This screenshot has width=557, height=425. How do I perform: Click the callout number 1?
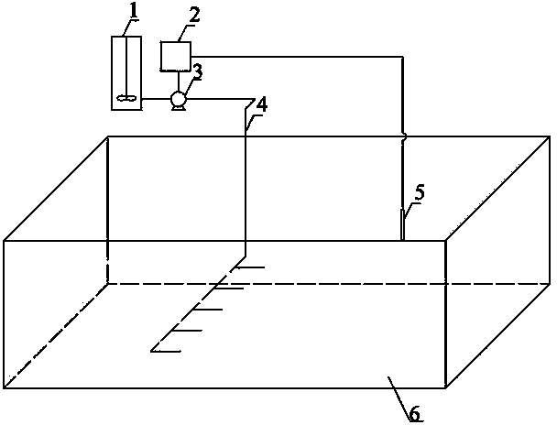coord(133,11)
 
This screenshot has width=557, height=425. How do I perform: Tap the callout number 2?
coord(194,15)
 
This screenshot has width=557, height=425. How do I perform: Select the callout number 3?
coord(198,71)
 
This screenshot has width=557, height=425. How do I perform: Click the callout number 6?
coord(415,413)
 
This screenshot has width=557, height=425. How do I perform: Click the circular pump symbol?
coord(178,98)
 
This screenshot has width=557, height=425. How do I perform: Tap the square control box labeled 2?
coord(176,56)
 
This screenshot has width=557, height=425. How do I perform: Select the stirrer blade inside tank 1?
coord(126,97)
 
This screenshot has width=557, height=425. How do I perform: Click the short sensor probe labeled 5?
coord(402,224)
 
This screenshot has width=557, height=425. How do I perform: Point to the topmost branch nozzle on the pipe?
coord(251,267)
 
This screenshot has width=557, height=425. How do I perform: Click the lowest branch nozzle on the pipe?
coord(166,351)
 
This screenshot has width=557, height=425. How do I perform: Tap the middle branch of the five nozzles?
coord(208,310)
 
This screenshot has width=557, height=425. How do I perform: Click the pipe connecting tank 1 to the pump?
coord(157,98)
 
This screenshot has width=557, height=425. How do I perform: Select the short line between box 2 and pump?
coord(179,82)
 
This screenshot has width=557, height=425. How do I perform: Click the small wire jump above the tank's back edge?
coord(403,136)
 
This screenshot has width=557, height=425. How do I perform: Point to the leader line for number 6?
coord(399,398)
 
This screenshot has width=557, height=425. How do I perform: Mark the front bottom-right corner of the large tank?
coord(445,387)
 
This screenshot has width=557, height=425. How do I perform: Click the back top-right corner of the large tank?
coord(550,136)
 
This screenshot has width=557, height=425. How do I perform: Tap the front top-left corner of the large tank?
coord(4,241)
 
